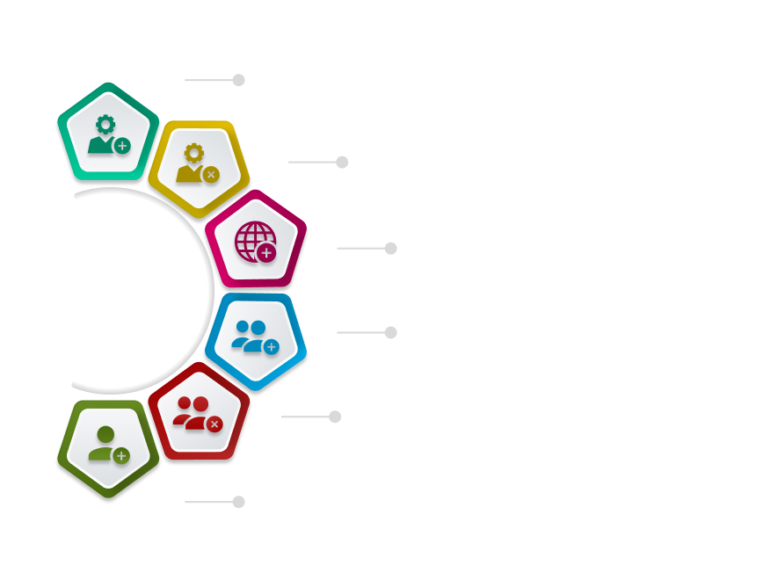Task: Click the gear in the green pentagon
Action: click(105, 123)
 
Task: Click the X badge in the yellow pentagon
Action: click(211, 174)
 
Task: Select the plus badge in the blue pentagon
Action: click(271, 347)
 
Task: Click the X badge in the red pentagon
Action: click(214, 424)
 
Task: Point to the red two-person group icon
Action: click(193, 411)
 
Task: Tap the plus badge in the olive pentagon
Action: click(121, 455)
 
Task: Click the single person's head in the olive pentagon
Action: click(105, 433)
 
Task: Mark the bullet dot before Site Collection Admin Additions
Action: click(238, 80)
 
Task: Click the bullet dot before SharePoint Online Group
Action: click(238, 502)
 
